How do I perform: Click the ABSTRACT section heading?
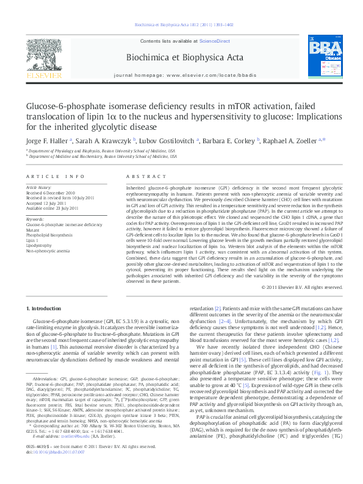139,176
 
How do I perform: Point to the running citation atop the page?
181,25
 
